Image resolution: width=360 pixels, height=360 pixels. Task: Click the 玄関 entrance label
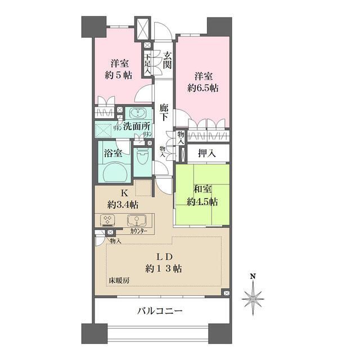(x=167, y=60)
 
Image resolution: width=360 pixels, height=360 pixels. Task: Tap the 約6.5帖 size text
(x=204, y=88)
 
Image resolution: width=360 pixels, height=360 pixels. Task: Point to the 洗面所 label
(x=137, y=128)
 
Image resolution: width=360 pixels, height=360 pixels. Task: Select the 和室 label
(x=202, y=190)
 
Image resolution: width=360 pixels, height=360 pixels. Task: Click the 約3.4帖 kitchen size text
(x=125, y=204)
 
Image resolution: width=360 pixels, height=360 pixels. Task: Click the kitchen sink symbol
(x=135, y=220)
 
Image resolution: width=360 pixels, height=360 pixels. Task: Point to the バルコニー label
(x=160, y=310)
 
